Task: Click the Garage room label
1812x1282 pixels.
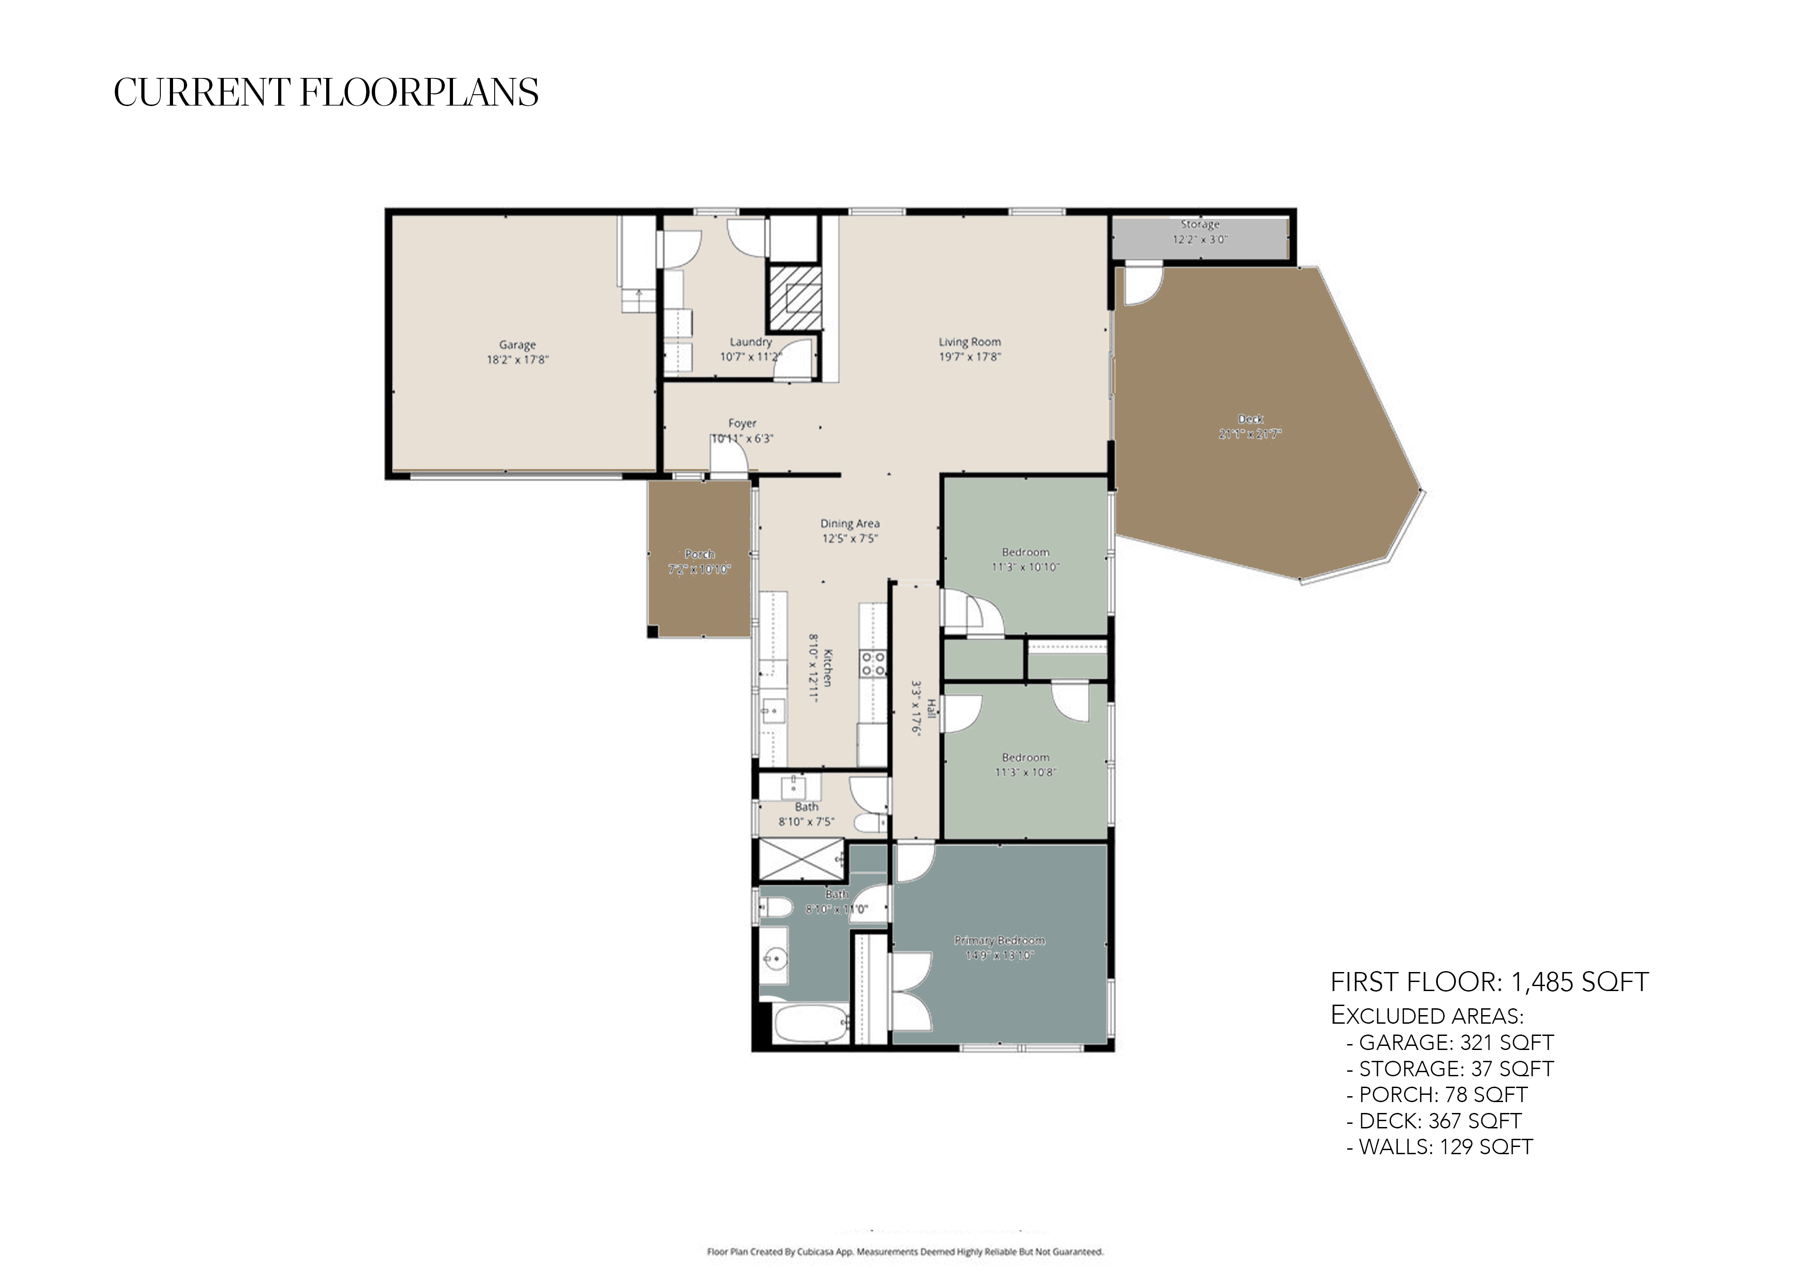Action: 517,345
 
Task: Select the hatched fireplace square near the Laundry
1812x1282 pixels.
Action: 795,298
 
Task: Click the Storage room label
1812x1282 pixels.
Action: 1200,225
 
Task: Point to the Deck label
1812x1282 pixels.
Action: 1250,419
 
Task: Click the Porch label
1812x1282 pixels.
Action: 699,554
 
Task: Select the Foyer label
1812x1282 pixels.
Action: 742,424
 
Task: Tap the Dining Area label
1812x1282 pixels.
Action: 850,523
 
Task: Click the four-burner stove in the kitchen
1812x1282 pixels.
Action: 873,663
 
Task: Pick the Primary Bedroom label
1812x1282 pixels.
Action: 999,940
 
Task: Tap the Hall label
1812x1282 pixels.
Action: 931,708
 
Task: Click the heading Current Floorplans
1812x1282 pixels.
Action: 326,92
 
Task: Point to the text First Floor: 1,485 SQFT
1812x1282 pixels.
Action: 1489,982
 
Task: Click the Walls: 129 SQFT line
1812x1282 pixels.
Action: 1440,1147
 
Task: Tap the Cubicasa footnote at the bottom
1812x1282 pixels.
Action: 905,1251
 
